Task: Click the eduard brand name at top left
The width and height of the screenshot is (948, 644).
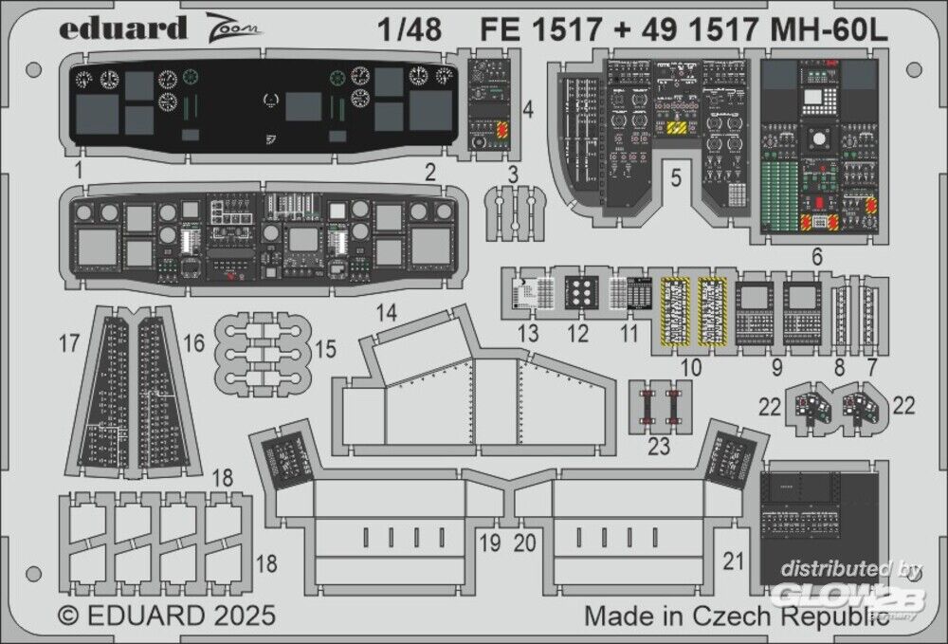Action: pos(122,28)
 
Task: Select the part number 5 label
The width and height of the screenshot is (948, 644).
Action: pos(675,178)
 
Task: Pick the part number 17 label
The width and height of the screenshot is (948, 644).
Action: pos(69,343)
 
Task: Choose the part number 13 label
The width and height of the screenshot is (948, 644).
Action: pos(528,333)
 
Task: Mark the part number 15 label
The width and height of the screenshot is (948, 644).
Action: pos(325,350)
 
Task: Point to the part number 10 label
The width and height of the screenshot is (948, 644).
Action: pos(693,365)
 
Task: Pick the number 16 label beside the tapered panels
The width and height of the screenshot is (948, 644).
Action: pos(193,343)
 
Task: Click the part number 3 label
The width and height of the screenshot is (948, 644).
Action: pos(513,174)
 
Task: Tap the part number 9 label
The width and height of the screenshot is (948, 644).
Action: pos(776,365)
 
